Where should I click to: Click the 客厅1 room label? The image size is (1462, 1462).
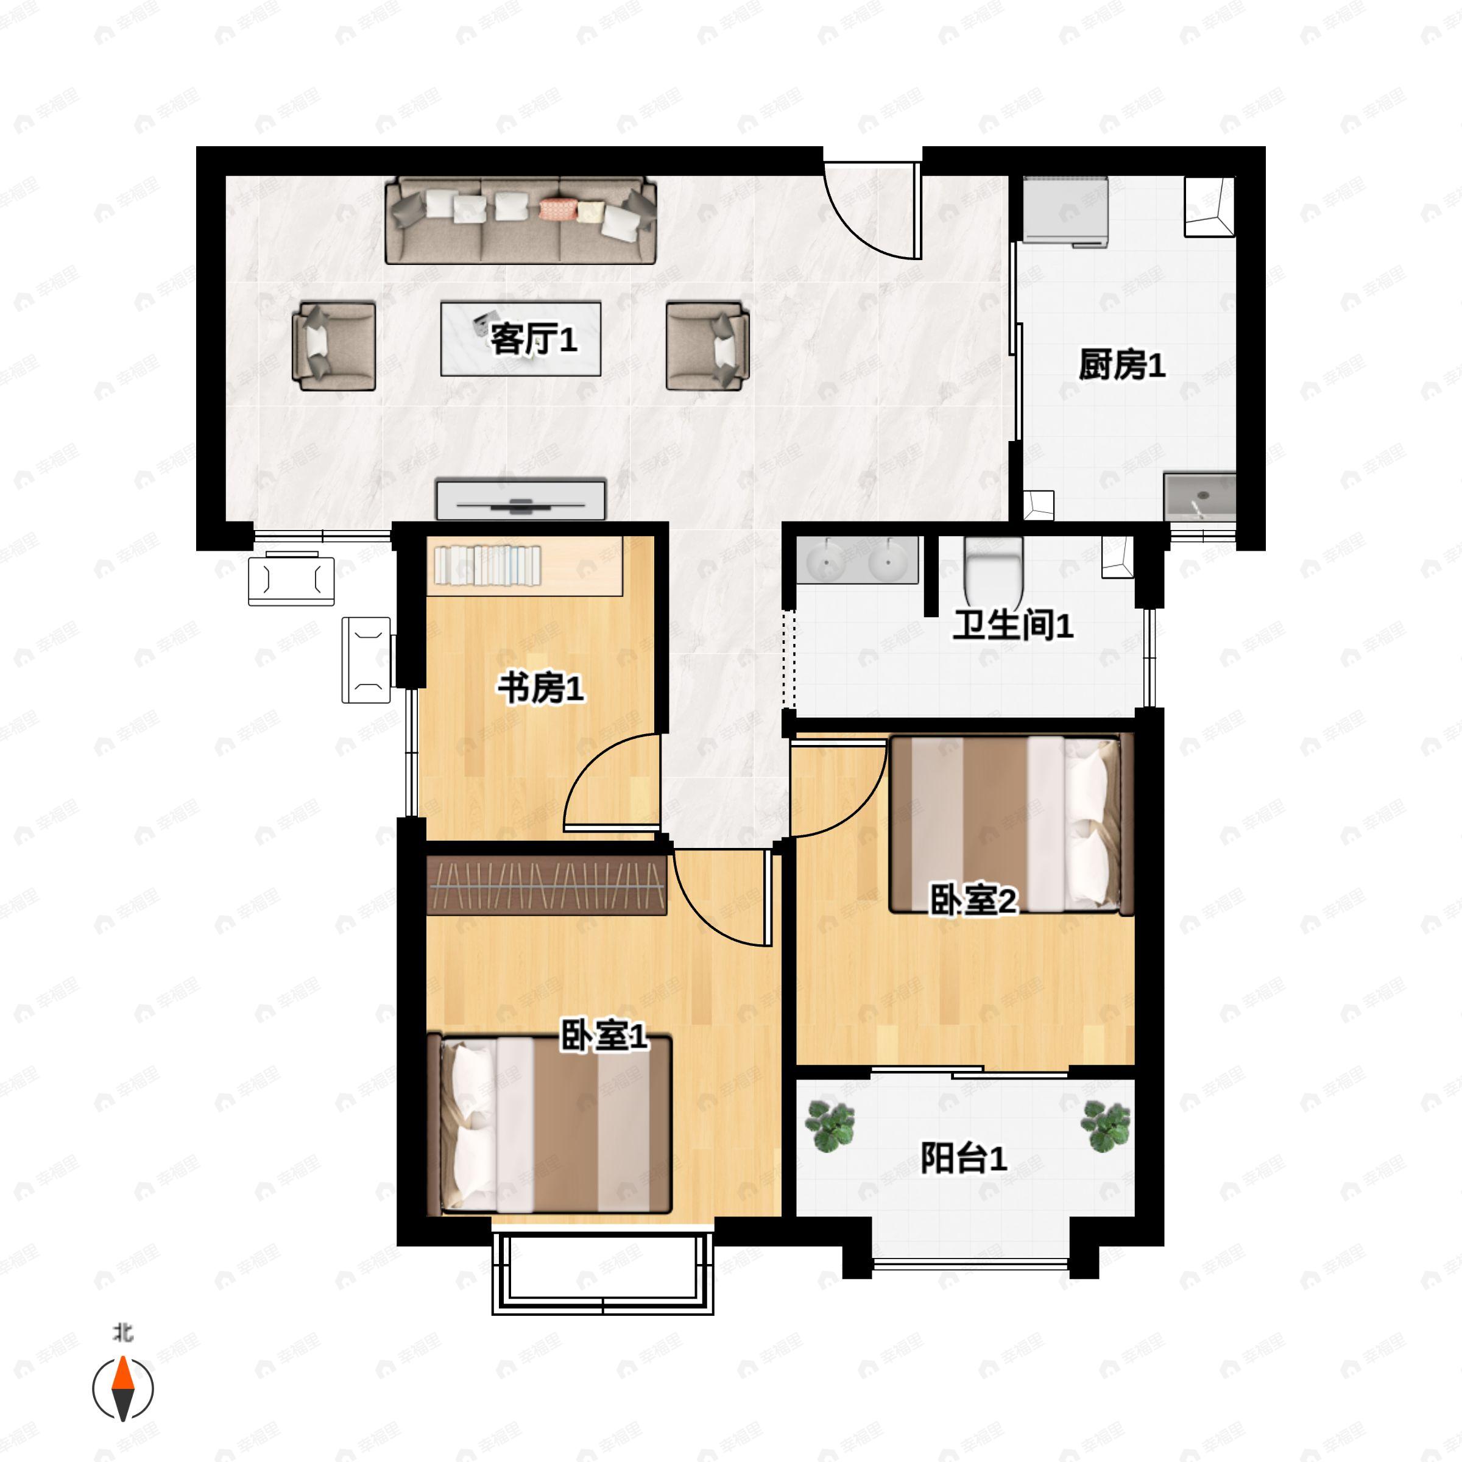534,339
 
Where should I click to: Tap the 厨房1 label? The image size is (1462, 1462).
1121,365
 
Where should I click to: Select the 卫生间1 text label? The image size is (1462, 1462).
1012,625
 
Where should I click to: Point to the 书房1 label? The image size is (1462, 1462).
540,688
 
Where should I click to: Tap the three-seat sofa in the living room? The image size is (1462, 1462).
521,220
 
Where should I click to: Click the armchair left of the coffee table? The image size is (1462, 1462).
334,346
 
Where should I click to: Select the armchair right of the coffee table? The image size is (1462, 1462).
707,346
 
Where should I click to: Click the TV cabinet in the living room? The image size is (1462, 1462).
521,500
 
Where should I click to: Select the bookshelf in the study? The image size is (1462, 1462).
524,566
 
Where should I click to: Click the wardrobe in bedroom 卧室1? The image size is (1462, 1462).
546,885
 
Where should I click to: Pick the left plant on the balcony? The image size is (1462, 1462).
830,1126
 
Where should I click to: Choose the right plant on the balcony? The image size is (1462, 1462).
1106,1126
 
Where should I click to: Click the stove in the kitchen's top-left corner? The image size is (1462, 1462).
1065,211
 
